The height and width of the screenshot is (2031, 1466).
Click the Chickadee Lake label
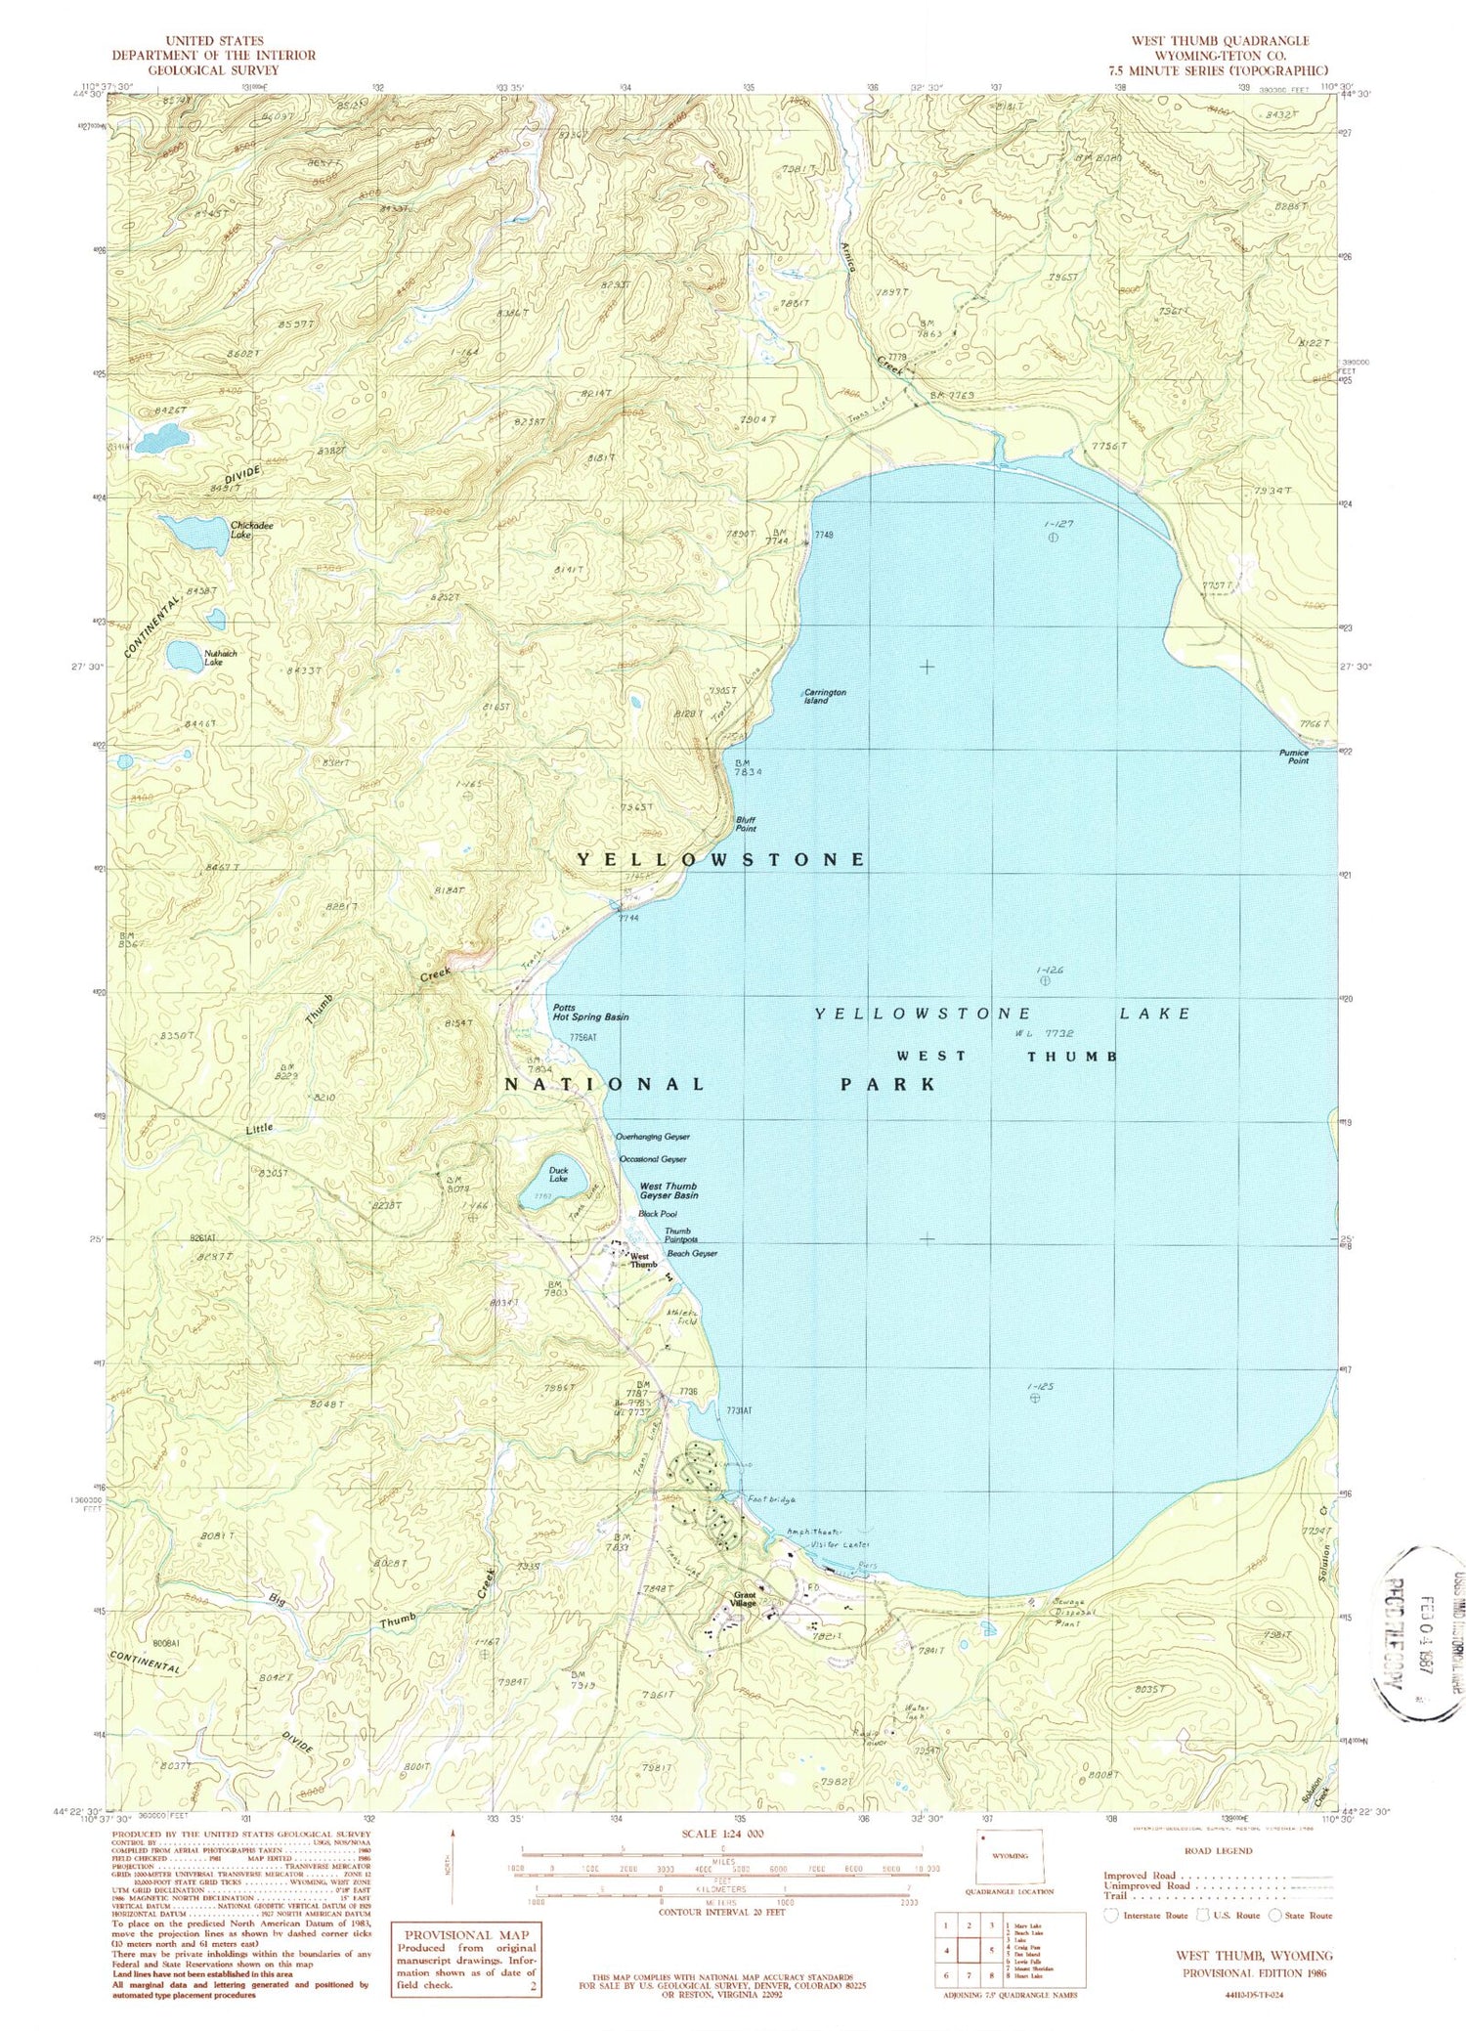pos(251,530)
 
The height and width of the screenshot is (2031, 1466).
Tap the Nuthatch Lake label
pos(220,658)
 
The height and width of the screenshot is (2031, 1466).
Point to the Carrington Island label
pos(824,696)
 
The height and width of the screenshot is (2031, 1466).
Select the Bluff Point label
pos(746,824)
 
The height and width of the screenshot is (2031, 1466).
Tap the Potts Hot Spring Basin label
pos(589,1012)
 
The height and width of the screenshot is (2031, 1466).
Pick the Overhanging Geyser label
pos(652,1137)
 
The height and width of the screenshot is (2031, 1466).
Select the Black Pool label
pos(657,1213)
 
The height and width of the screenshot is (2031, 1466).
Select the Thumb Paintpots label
pos(677,1235)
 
